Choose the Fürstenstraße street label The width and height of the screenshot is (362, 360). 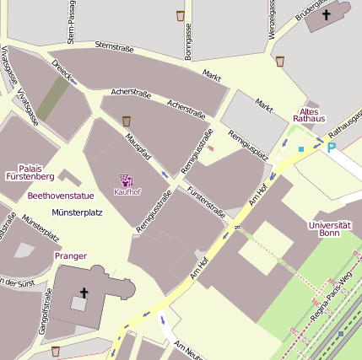click(207, 201)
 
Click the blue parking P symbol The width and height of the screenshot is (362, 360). click(332, 147)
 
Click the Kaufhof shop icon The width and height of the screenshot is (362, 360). click(127, 180)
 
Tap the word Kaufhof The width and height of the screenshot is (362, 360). click(127, 192)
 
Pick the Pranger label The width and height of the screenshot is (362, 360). click(70, 255)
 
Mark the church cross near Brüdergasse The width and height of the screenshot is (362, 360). click(326, 13)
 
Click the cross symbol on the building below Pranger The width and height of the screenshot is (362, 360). click(84, 293)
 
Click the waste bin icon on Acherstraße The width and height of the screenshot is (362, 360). click(127, 121)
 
